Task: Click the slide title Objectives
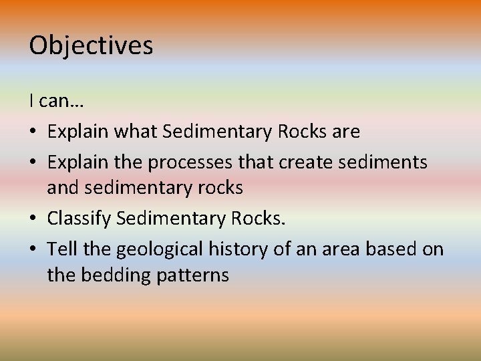91,45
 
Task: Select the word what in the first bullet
138,132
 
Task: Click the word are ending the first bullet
345,132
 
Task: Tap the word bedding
114,275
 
